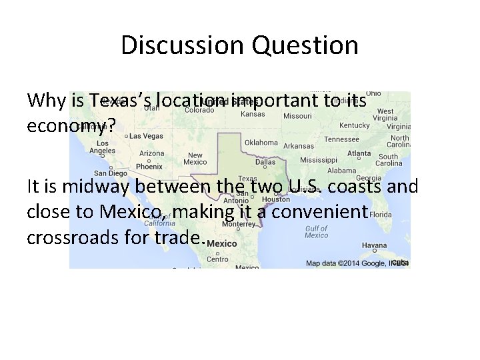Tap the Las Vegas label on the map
[145, 136]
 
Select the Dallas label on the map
[265, 161]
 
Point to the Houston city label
[276, 199]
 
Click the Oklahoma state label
[261, 143]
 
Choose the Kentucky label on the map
[354, 125]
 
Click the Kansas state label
[253, 114]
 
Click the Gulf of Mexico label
[316, 231]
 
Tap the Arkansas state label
[298, 145]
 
